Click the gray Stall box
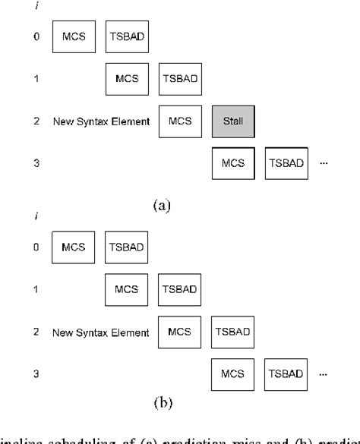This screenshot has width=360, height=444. click(232, 121)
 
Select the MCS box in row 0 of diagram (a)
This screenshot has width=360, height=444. click(73, 36)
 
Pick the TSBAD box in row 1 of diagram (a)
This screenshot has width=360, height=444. click(180, 78)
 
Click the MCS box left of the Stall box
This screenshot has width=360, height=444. click(180, 121)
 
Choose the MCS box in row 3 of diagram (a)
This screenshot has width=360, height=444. click(232, 163)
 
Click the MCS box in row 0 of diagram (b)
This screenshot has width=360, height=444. click(73, 247)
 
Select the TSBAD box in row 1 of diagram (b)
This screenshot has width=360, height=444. click(180, 289)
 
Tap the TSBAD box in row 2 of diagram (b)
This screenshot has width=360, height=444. click(232, 332)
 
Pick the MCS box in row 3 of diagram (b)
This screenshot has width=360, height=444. click(232, 374)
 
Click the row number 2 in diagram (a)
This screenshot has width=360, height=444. click(36, 121)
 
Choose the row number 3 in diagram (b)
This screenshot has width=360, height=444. click(36, 374)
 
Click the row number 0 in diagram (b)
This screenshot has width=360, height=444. click(36, 247)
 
